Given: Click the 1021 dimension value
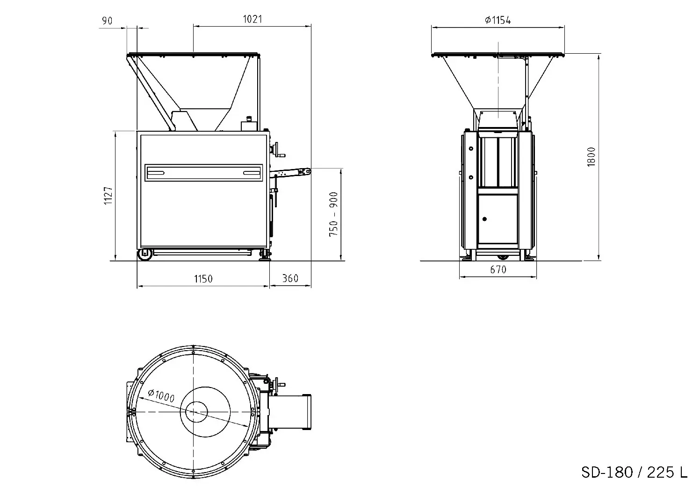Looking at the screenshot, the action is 253,19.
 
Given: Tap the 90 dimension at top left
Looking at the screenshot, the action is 107,21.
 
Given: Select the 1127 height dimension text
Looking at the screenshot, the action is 108,196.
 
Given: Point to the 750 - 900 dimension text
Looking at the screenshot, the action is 334,214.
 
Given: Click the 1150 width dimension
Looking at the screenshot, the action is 203,279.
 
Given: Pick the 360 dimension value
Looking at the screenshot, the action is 290,278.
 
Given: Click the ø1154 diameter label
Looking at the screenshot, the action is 498,20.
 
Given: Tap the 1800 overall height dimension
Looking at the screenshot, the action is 591,157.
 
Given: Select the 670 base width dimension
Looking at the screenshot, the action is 498,269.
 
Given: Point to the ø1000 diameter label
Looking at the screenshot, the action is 161,395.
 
